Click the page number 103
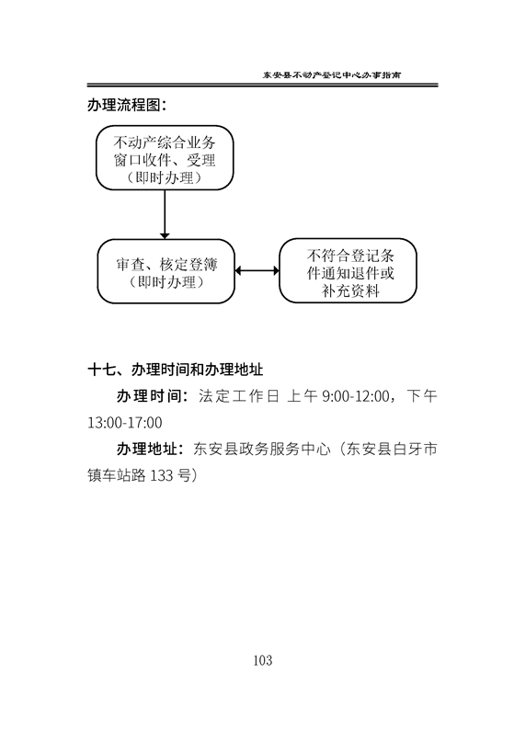(x=263, y=660)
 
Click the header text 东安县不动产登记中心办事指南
(x=332, y=74)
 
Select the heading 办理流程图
(x=127, y=105)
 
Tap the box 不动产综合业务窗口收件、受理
(x=165, y=157)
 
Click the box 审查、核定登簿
(x=166, y=271)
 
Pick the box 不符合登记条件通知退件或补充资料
(x=348, y=270)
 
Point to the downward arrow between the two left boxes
(x=165, y=214)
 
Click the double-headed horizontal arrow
(x=257, y=270)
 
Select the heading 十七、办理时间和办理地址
(x=176, y=370)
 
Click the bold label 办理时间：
(x=153, y=396)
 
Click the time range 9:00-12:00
(x=356, y=396)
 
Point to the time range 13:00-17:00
(x=125, y=423)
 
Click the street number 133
(x=163, y=476)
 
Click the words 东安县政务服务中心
(x=262, y=450)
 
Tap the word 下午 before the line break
(x=422, y=396)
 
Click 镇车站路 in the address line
(x=117, y=475)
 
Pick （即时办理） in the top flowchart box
(x=165, y=177)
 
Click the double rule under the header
(x=262, y=85)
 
